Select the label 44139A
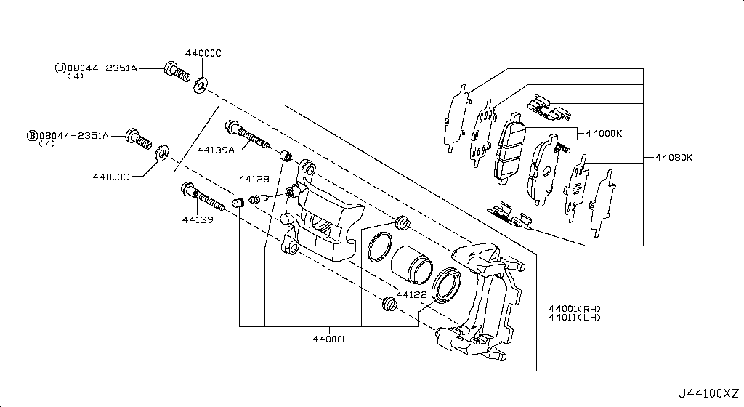(x=215, y=150)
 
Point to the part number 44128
(x=254, y=179)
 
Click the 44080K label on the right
(x=674, y=157)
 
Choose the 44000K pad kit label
(x=604, y=134)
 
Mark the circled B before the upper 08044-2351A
(x=61, y=68)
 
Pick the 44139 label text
(x=198, y=219)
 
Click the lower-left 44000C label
(x=110, y=177)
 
